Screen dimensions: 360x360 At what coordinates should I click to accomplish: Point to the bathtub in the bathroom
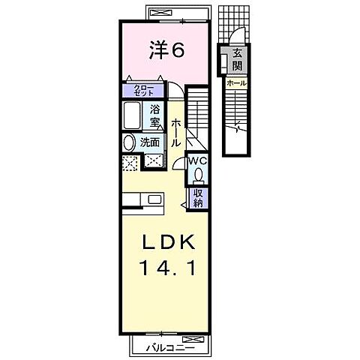point(134,116)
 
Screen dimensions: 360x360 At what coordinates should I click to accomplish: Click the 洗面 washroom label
point(149,142)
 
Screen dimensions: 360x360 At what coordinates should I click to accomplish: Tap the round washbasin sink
point(126,142)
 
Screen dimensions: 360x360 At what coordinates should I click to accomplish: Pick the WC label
point(198,160)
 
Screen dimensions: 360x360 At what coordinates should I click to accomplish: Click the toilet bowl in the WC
point(199,175)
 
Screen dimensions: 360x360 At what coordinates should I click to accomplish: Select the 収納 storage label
point(198,197)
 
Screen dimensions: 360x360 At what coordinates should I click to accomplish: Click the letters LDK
point(169,244)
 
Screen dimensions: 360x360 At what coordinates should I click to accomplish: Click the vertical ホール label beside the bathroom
point(175,132)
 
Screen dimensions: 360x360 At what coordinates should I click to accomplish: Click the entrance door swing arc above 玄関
point(235,37)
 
